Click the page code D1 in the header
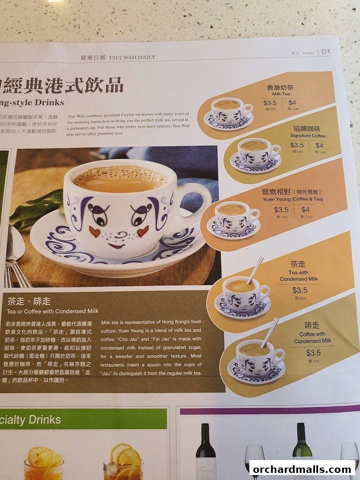pos(326,52)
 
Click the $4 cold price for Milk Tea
pos(292,103)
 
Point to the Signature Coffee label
pos(308,136)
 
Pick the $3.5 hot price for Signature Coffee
pos(297,145)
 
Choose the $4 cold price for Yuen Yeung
pos(305,209)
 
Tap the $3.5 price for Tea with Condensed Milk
pos(300,290)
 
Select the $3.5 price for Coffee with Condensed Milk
pos(313,353)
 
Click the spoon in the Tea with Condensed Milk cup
pos(255,270)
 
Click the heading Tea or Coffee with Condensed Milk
pos(53,311)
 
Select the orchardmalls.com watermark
pos(302,469)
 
